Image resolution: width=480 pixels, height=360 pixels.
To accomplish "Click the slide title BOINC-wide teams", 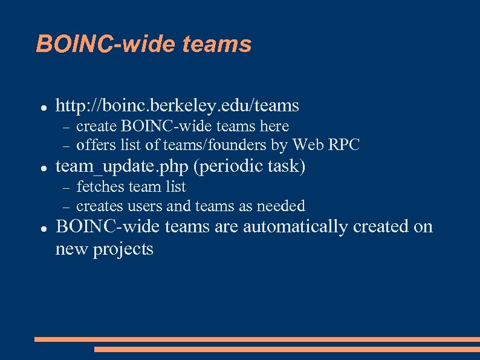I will tap(143, 44).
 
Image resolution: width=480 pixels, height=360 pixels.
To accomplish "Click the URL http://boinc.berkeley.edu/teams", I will tap(177, 106).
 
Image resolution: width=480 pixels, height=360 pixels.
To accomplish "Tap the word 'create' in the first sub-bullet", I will tap(97, 126).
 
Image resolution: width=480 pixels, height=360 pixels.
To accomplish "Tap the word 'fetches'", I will tap(99, 186).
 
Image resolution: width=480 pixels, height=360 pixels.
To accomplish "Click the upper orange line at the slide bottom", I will tap(257, 339).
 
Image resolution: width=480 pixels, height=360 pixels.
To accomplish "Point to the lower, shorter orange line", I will tap(287, 349).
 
